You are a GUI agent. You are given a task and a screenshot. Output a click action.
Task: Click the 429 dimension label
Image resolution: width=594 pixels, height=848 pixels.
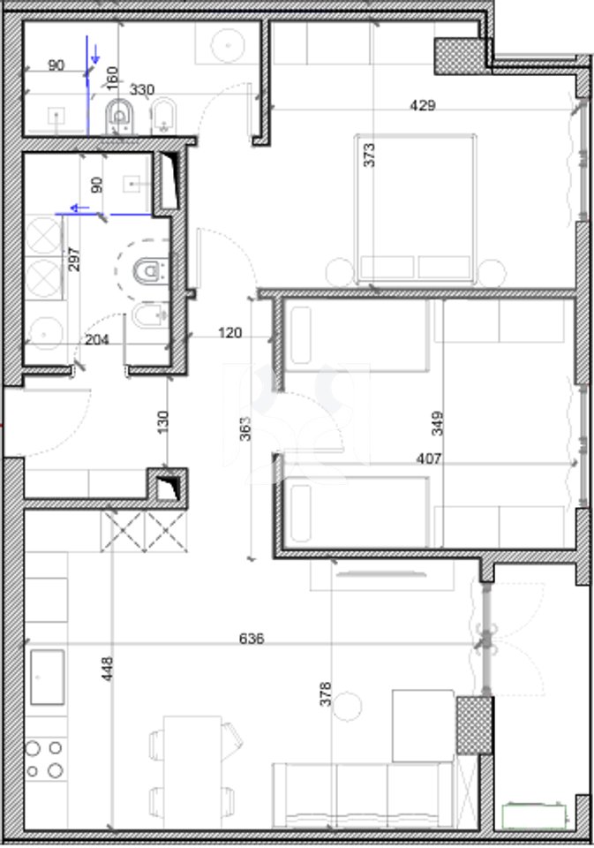coord(423,105)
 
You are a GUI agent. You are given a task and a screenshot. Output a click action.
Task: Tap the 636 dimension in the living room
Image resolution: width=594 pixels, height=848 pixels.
coord(252,638)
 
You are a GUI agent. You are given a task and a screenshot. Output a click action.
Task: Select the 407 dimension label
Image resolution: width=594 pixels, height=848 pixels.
coord(430,458)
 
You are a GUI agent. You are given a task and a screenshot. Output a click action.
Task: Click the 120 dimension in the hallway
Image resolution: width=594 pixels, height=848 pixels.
coord(230,333)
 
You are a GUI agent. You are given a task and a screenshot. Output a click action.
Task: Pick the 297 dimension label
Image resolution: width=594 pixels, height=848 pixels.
coord(75,258)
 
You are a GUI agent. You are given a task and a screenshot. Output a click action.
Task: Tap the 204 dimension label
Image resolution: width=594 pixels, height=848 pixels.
coord(97,338)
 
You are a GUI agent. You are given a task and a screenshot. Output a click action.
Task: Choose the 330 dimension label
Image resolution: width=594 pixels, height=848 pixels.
coord(142,89)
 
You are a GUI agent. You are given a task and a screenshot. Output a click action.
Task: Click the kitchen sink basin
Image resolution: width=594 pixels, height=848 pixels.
coord(48,678)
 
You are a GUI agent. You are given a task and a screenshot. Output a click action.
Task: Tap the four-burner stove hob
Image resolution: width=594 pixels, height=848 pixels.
coord(45,759)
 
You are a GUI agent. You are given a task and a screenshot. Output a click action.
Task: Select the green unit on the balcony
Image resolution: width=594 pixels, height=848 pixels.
coord(534,815)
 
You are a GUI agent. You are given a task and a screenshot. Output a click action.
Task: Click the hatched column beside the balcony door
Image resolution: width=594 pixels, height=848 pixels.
coord(473,724)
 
